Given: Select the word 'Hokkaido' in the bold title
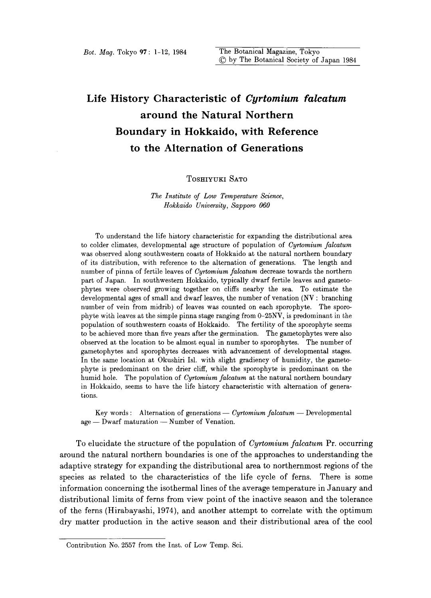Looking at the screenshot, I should coord(183,131).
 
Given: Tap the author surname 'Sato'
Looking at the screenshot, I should coord(236,179).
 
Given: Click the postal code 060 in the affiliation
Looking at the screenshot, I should coord(264,205).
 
